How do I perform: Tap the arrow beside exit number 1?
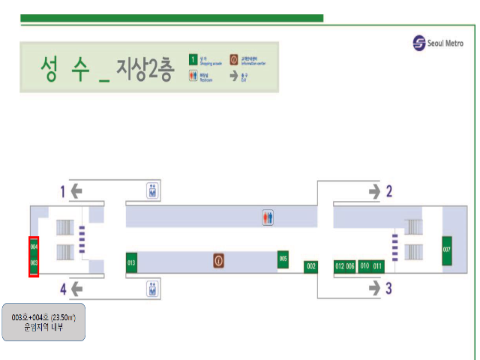coord(76,191)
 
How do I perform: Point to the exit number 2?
coord(388,191)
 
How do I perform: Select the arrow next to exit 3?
coord(373,286)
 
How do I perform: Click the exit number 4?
coord(63,287)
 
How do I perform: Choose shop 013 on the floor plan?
coord(131,262)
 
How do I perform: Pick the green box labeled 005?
coord(283,259)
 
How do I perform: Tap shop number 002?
coord(311,266)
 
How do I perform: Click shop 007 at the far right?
coord(447,250)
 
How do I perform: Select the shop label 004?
coord(34,245)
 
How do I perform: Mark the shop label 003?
coord(34,263)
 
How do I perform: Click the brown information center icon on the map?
coord(219,261)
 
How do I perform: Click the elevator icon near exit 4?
coord(153,287)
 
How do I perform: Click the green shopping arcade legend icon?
coord(193,58)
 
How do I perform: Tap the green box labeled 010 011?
coord(370,266)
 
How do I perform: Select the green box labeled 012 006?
coord(345,266)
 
